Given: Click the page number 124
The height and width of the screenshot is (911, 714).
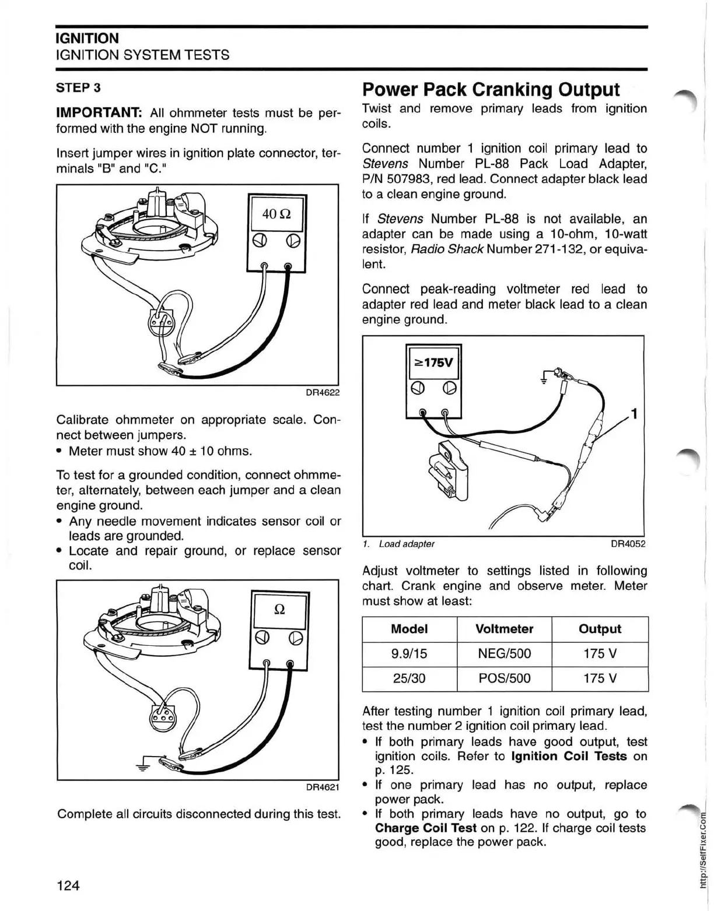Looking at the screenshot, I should (x=68, y=885).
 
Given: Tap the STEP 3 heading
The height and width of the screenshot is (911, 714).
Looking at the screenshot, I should (x=78, y=87).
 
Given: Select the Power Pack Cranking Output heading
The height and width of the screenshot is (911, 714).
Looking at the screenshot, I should (x=491, y=89).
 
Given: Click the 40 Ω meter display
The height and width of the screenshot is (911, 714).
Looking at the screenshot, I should (x=277, y=214).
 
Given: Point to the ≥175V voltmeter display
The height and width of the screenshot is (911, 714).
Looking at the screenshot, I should (x=433, y=362).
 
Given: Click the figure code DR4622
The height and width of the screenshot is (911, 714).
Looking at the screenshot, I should (x=323, y=392).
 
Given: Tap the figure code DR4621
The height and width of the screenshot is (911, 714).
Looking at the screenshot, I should (x=323, y=787).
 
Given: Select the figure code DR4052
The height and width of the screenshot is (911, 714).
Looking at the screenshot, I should (x=628, y=544).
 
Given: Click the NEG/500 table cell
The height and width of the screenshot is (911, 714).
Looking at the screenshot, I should (x=504, y=653).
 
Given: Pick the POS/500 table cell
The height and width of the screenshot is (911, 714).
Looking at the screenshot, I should (x=504, y=678).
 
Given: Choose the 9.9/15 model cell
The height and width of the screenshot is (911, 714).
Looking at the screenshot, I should (x=409, y=653).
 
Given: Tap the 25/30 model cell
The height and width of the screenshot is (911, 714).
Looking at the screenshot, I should (x=409, y=678).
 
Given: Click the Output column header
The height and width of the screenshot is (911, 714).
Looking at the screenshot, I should (x=600, y=629).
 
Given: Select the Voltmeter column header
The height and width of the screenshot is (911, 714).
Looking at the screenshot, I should (x=504, y=629).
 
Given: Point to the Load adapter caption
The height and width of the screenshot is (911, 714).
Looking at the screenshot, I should (x=407, y=544).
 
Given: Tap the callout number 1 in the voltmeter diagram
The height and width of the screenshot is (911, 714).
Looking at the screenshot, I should (x=635, y=414).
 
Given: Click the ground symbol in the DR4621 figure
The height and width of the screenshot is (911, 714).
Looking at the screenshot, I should (x=142, y=765).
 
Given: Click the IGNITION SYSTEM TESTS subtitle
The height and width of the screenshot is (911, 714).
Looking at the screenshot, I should (x=142, y=55).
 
